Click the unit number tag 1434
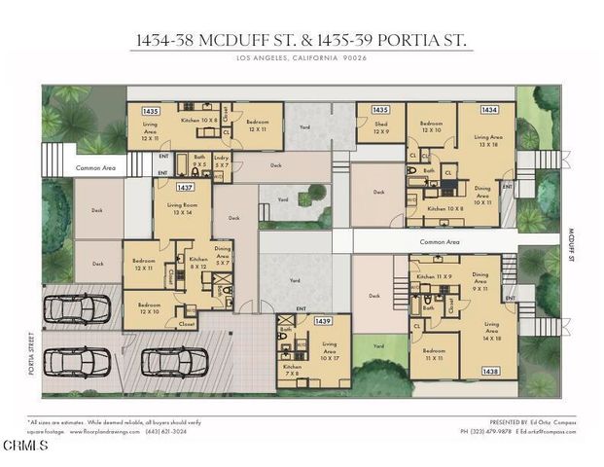488,110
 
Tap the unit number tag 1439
323,320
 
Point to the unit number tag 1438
490,372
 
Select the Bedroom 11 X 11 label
434,353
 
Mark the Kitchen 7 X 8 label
292,371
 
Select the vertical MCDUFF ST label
571,244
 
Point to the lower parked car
173,361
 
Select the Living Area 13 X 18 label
488,141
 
